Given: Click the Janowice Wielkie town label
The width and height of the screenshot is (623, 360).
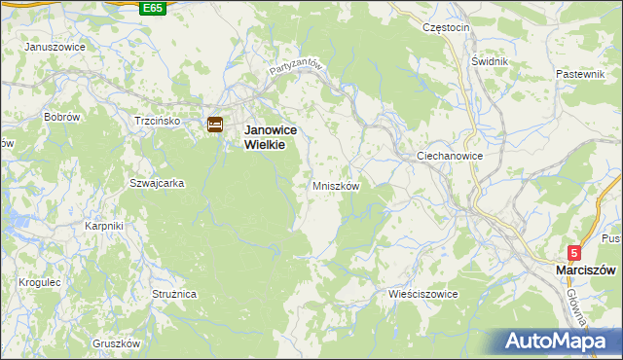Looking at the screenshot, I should (264, 135).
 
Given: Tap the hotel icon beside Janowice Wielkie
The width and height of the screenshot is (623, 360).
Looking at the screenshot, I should (215, 125).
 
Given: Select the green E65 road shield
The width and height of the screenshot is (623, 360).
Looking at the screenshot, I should (152, 8).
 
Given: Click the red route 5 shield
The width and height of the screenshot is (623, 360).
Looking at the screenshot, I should (575, 252).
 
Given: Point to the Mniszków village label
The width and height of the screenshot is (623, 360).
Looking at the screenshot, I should (336, 185).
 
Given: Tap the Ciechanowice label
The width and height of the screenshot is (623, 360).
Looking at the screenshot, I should (450, 156).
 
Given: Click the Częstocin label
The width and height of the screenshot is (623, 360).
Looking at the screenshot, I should (447, 27).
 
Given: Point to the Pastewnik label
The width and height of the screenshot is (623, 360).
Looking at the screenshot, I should (581, 74).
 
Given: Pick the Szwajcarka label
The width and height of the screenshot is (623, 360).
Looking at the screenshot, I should (151, 182).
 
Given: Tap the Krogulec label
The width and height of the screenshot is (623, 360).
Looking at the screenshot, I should (40, 282).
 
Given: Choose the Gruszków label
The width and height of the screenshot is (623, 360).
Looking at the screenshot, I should (117, 343).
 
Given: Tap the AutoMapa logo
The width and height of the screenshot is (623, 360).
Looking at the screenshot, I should (558, 342).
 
